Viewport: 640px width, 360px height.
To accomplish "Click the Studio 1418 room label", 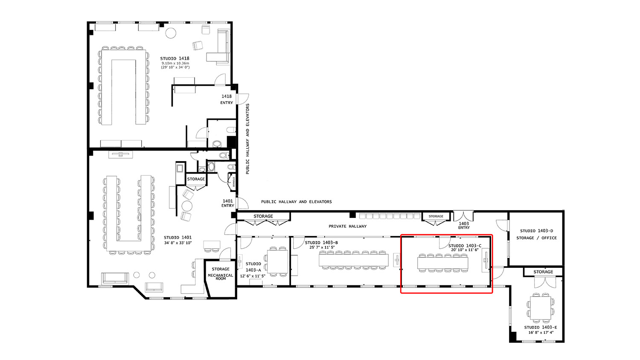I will (175, 58).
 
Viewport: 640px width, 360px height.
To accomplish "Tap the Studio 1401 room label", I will (177, 238).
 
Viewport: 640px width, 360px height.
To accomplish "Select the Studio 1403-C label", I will (465, 246).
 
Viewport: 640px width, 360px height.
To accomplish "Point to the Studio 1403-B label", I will (321, 243).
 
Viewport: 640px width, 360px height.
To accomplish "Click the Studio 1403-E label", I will (541, 328).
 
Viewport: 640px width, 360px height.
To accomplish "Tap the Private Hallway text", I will (347, 226).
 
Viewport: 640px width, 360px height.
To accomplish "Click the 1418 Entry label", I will (227, 99).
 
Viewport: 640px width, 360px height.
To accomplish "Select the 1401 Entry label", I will (228, 203).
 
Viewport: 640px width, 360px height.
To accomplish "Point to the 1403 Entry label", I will (464, 225).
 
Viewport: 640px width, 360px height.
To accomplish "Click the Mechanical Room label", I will (221, 277).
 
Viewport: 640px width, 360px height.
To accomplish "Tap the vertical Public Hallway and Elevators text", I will (247, 139).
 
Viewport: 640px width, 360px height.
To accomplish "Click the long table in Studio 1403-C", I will (442, 263).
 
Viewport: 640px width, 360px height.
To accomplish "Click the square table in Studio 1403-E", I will (541, 308).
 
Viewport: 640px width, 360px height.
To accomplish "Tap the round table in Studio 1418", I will (171, 33).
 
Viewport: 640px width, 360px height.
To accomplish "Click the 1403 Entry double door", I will (463, 215).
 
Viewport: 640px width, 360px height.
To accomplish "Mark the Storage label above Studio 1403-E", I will (543, 272).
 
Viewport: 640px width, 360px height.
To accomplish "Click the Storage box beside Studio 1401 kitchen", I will (196, 179).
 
